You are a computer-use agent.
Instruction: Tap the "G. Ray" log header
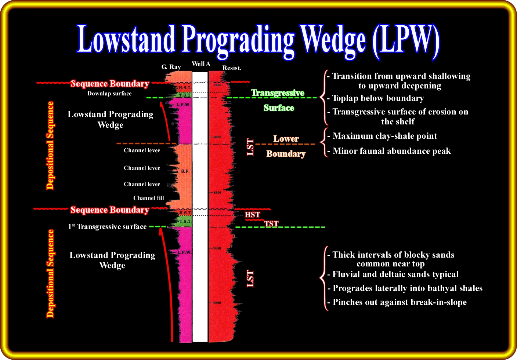pyautogui.click(x=171, y=67)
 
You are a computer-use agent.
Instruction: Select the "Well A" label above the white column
pyautogui.click(x=201, y=64)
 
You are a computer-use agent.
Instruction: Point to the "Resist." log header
pyautogui.click(x=232, y=68)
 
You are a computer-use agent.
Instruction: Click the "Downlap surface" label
pyautogui.click(x=109, y=94)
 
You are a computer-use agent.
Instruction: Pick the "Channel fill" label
pyautogui.click(x=149, y=198)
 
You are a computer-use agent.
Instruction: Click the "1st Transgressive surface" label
pyautogui.click(x=107, y=227)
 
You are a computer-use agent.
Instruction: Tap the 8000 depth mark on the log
pyautogui.click(x=217, y=137)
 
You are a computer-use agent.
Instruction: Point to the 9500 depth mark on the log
pyautogui.click(x=217, y=303)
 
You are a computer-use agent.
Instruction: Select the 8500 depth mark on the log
pyautogui.click(x=217, y=193)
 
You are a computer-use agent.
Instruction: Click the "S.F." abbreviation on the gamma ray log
pyautogui.click(x=185, y=171)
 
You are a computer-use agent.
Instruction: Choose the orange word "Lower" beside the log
pyautogui.click(x=286, y=139)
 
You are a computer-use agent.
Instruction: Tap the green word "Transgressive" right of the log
pyautogui.click(x=278, y=93)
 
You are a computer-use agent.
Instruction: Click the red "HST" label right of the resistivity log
pyautogui.click(x=253, y=215)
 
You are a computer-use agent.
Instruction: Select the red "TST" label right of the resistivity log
pyautogui.click(x=271, y=223)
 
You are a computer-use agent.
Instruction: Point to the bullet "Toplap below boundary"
pyautogui.click(x=378, y=98)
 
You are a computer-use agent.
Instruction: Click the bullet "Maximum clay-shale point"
pyautogui.click(x=384, y=136)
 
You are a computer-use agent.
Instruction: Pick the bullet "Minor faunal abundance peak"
pyautogui.click(x=391, y=151)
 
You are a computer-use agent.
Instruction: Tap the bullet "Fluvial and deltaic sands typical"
pyautogui.click(x=395, y=274)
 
